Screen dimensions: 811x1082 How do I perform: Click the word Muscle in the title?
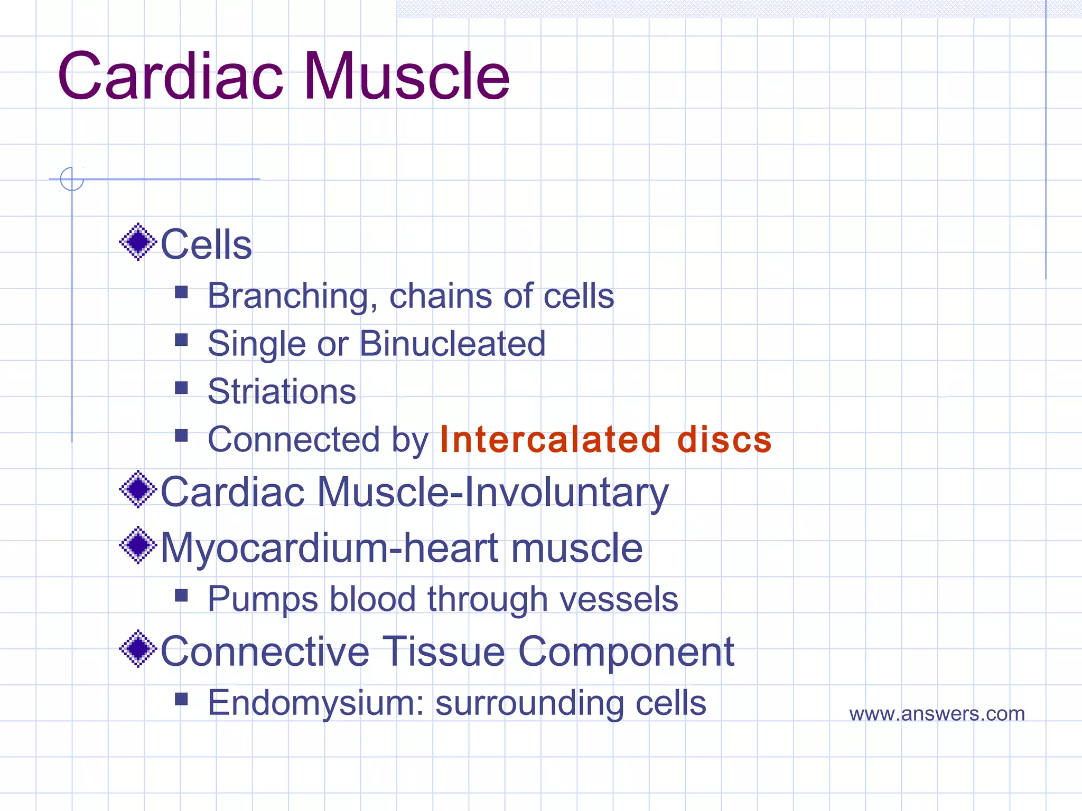tap(406, 77)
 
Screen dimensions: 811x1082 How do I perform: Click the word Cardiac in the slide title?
tap(171, 77)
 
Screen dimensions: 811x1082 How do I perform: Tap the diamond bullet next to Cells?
tap(138, 242)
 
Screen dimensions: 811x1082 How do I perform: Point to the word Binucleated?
tap(452, 344)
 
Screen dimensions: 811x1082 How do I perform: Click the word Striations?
tap(282, 392)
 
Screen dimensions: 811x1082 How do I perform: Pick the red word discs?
tap(724, 439)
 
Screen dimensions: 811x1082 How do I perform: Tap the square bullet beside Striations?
tap(181, 388)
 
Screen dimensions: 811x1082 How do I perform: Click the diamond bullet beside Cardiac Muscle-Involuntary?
tap(138, 489)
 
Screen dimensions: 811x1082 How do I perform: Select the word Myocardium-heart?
tap(330, 548)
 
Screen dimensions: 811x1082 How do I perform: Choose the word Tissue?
tap(443, 652)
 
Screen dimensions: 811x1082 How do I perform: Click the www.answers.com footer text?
tap(937, 714)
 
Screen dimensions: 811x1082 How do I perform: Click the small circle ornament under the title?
tap(72, 179)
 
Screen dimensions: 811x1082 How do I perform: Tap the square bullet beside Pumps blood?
tap(181, 596)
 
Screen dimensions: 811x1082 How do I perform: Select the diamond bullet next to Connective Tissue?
tap(138, 648)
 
